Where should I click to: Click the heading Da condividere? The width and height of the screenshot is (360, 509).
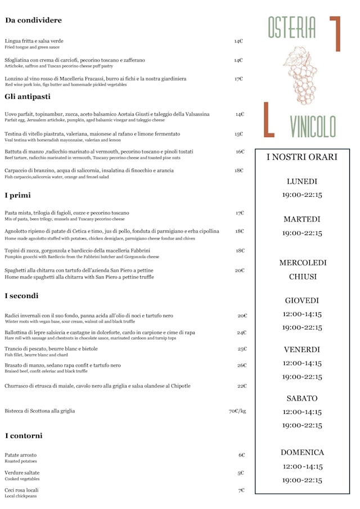[x=33, y=20]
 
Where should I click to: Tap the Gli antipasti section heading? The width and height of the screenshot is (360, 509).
[x=28, y=97]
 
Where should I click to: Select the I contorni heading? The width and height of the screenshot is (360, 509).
[x=24, y=436]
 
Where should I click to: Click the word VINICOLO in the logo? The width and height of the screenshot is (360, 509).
[x=313, y=126]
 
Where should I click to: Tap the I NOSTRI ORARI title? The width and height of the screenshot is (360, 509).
[x=301, y=157]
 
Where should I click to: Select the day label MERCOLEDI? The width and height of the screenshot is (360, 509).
[x=303, y=263]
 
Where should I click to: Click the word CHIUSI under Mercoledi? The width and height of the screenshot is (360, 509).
[x=303, y=277]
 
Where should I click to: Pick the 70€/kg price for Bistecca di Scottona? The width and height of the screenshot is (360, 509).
[x=237, y=411]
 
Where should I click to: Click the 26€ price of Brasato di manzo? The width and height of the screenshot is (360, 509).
[x=242, y=366]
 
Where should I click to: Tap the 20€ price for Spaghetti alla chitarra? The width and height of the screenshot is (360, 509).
[x=240, y=271]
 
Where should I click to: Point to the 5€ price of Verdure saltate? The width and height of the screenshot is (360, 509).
[x=241, y=473]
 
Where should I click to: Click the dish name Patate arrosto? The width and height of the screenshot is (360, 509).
[x=21, y=455]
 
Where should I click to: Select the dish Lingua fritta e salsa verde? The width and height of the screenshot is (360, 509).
[x=34, y=41]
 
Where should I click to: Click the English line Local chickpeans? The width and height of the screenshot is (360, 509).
[x=20, y=496]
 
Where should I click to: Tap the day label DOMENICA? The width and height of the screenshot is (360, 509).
[x=302, y=452]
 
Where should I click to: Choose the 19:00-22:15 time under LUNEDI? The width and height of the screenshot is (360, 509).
[x=302, y=195]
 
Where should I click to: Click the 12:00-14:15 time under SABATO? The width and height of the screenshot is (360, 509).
[x=302, y=412]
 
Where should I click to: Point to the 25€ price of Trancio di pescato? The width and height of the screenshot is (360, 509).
[x=242, y=349]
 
